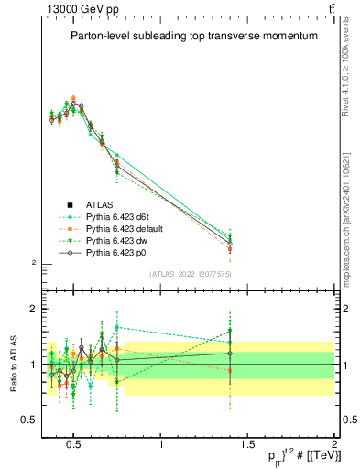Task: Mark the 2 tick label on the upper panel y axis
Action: pos(34,264)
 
